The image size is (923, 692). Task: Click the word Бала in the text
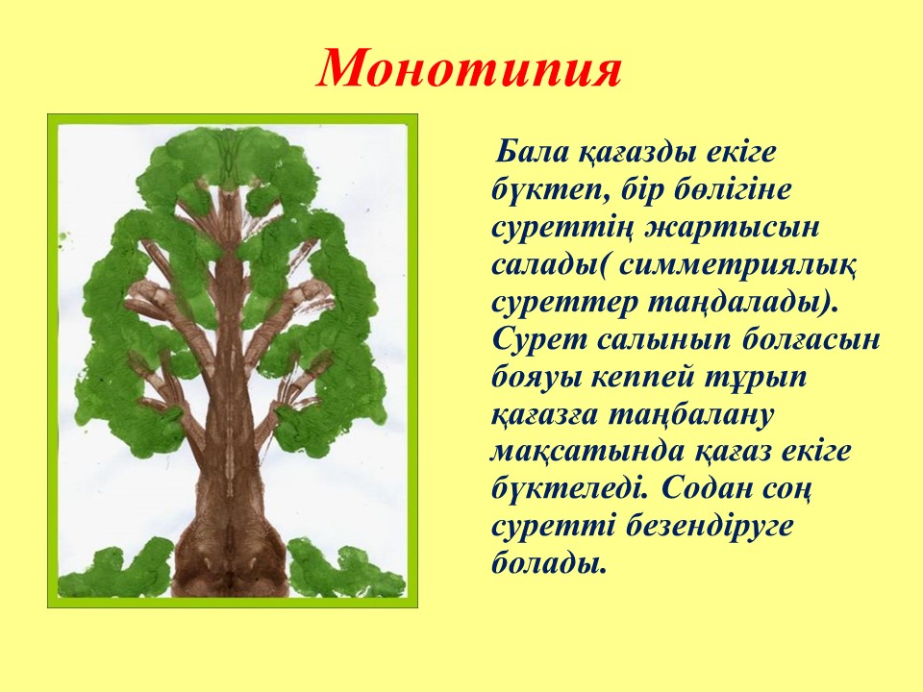pyautogui.click(x=533, y=153)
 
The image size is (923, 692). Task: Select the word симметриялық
pyautogui.click(x=738, y=266)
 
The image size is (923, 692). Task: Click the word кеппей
pyautogui.click(x=641, y=379)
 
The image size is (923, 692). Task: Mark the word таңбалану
pyautogui.click(x=688, y=416)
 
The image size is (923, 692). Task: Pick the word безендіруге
pyautogui.click(x=710, y=528)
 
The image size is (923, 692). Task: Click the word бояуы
pyautogui.click(x=536, y=379)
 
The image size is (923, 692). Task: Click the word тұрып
pyautogui.click(x=755, y=379)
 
